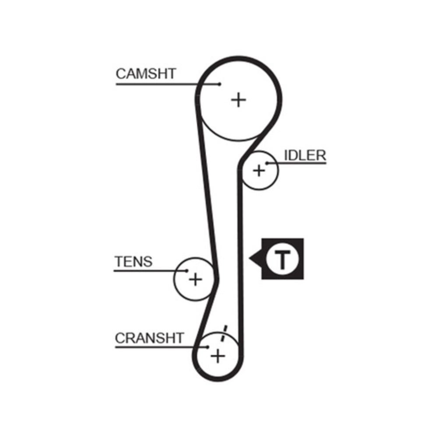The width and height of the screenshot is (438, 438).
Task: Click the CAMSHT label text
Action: tap(145, 74)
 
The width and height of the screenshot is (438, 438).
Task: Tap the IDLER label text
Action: tap(305, 155)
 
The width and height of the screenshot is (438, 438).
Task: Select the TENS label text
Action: tap(134, 261)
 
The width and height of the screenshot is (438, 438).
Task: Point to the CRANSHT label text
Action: tap(149, 338)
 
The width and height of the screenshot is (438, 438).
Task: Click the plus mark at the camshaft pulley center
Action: tap(239, 100)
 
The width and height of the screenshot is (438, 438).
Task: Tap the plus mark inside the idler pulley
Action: tap(259, 170)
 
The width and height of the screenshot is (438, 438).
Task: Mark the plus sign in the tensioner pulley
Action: tap(195, 279)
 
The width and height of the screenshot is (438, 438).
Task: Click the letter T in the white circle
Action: tap(283, 259)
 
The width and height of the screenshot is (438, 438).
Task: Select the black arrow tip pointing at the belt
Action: tap(251, 259)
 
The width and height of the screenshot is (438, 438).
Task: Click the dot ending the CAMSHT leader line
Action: tap(219, 84)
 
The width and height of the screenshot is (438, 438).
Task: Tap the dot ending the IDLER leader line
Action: tap(266, 163)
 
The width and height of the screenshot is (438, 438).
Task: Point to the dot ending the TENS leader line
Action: tap(187, 271)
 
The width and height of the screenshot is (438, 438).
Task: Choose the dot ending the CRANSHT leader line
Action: tap(208, 347)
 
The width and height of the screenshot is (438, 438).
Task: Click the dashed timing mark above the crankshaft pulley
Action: tap(224, 334)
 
